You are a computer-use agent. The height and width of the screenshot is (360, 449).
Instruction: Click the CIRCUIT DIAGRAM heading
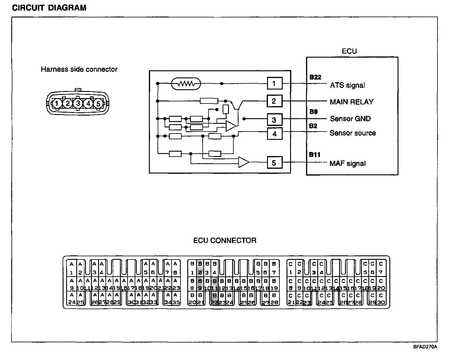(x=49, y=8)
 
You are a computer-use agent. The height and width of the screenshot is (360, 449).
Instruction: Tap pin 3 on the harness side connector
(x=78, y=103)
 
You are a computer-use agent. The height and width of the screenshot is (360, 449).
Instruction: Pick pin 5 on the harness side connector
(x=98, y=103)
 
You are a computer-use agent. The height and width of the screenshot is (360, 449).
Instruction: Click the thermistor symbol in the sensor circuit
(x=186, y=84)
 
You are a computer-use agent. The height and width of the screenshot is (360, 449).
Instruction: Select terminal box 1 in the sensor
(x=274, y=84)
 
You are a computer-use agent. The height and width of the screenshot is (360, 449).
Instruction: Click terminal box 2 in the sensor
(x=274, y=101)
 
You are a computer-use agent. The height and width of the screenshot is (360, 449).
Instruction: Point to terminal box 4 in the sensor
(x=274, y=134)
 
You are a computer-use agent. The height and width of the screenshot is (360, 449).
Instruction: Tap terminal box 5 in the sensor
(x=274, y=163)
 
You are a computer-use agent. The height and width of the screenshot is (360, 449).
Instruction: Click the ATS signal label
(x=347, y=85)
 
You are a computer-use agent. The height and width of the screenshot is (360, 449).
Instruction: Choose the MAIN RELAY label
(x=352, y=102)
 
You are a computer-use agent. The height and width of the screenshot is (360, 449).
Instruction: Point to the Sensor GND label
(x=350, y=119)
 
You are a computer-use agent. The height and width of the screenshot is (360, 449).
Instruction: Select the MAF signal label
(x=347, y=163)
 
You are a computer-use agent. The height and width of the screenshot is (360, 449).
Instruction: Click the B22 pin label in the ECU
(x=315, y=77)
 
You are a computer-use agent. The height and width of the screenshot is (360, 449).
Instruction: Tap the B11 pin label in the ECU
(x=315, y=155)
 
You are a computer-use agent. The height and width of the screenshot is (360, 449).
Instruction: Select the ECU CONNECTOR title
(x=224, y=241)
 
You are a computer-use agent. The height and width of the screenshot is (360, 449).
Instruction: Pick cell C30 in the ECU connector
(x=381, y=299)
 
